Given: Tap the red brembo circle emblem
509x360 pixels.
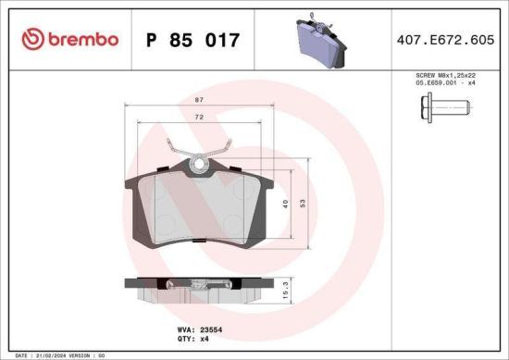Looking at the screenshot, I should tap(33, 39).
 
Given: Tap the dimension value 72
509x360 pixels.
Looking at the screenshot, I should tap(200, 118).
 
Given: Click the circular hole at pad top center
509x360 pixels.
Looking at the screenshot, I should tap(199, 167).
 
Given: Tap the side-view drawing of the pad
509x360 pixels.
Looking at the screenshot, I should tap(198, 289).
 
